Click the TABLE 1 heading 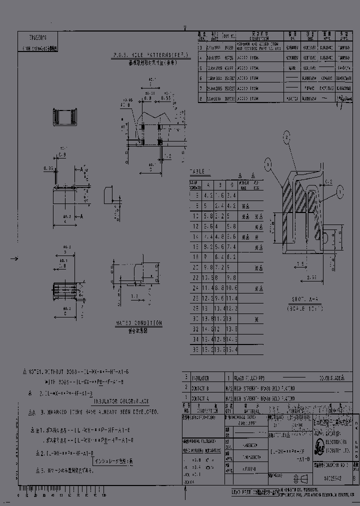click(200, 171)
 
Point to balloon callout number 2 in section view click(286, 136)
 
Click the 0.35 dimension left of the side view click(48, 168)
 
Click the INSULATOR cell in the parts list click(198, 378)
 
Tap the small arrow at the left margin click(14, 258)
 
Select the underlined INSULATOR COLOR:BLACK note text click(118, 401)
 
